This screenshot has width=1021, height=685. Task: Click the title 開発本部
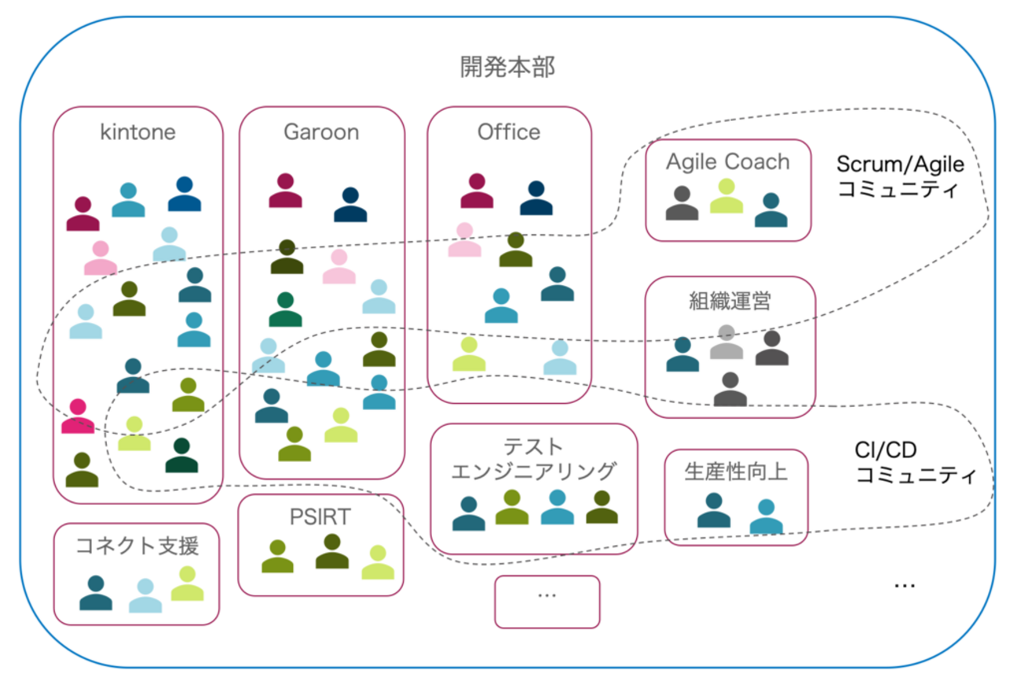(x=507, y=68)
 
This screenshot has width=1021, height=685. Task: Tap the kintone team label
(x=138, y=132)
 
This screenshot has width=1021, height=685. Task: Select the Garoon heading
(x=321, y=132)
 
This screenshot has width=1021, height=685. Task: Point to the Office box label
(x=509, y=132)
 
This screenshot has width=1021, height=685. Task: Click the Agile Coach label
(x=728, y=162)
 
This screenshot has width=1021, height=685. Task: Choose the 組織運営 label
(x=730, y=301)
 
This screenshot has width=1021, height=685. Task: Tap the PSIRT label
(x=320, y=517)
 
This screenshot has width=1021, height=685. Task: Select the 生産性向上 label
(x=736, y=471)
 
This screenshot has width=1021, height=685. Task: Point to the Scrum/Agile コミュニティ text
(x=900, y=176)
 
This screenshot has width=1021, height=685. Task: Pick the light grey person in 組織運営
(x=727, y=343)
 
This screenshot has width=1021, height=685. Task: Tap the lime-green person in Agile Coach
(x=726, y=197)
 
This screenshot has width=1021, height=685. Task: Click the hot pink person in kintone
(x=78, y=417)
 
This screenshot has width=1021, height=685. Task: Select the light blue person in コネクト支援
(x=145, y=596)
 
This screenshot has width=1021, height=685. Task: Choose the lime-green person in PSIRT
(x=378, y=563)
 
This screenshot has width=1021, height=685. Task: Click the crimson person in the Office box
(x=477, y=192)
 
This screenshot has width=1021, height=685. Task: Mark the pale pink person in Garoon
(x=339, y=267)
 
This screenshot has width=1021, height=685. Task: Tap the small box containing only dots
(x=547, y=602)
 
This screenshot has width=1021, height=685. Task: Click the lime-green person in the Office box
(x=469, y=354)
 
